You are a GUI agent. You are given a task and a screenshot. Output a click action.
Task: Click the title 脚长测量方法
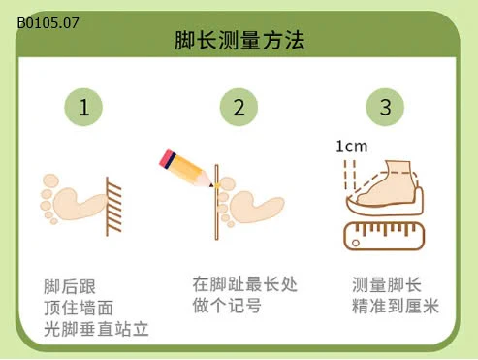239,41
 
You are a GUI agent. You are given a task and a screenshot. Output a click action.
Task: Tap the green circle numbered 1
84,108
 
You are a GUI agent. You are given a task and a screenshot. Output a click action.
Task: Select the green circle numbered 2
239,108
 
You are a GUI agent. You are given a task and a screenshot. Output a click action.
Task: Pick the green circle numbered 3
385,108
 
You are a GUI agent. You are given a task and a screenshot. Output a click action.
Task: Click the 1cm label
351,147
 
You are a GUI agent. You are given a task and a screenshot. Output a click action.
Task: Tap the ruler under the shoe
385,236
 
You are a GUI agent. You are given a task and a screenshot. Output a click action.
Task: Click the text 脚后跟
70,286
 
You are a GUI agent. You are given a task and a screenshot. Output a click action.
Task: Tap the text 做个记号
226,308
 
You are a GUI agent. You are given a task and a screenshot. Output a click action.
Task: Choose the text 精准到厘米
395,308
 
